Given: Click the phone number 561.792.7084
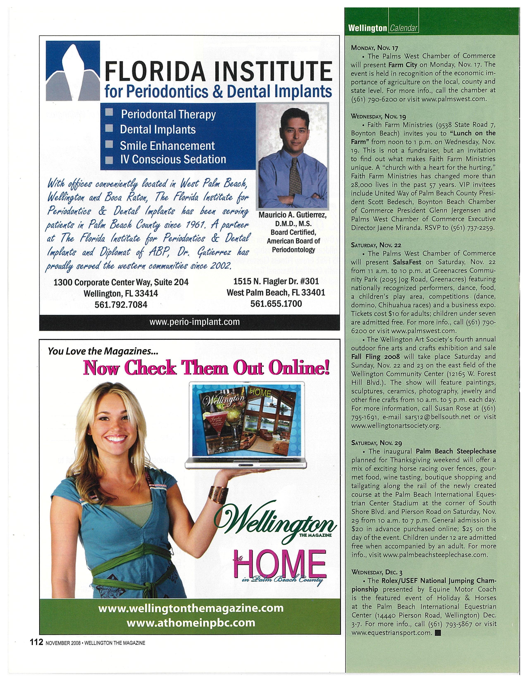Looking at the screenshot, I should tap(121, 304).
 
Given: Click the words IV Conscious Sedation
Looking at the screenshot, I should tap(173, 160).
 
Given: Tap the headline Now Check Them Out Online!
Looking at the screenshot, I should tap(206, 368).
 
